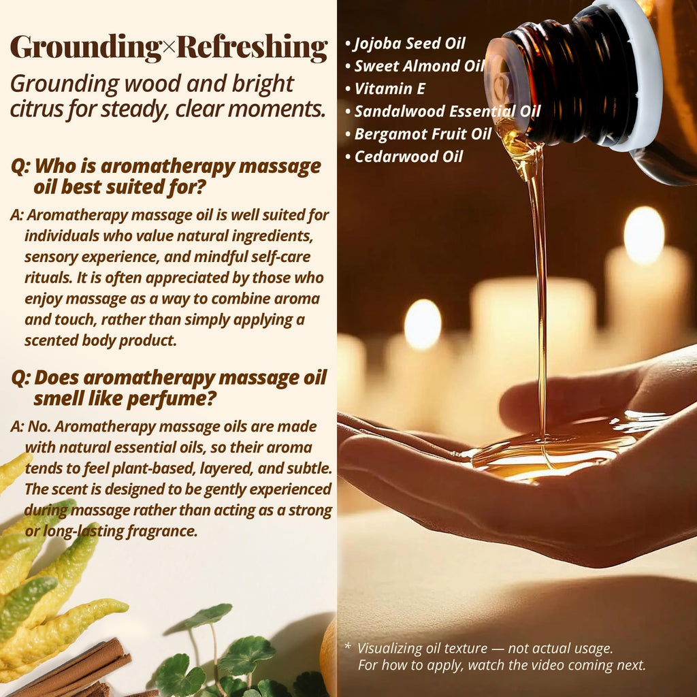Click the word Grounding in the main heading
point(86,48)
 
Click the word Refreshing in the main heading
point(253,48)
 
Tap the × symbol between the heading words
point(169,48)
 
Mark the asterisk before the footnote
point(348,646)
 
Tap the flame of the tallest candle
point(644,235)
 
